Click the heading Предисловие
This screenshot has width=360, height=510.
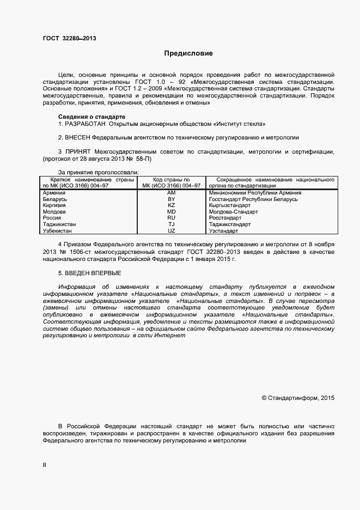(189, 53)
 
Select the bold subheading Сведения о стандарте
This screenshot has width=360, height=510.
(91, 117)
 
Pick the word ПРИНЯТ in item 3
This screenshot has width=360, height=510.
(78, 151)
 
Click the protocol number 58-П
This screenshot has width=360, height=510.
(144, 159)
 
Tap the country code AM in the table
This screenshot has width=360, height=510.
(171, 193)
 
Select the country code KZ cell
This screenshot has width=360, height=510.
(171, 205)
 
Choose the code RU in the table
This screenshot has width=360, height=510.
(171, 218)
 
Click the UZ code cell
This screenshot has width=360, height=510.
(171, 230)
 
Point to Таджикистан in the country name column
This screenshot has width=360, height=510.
(59, 224)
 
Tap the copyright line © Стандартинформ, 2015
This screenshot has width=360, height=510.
(298, 398)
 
